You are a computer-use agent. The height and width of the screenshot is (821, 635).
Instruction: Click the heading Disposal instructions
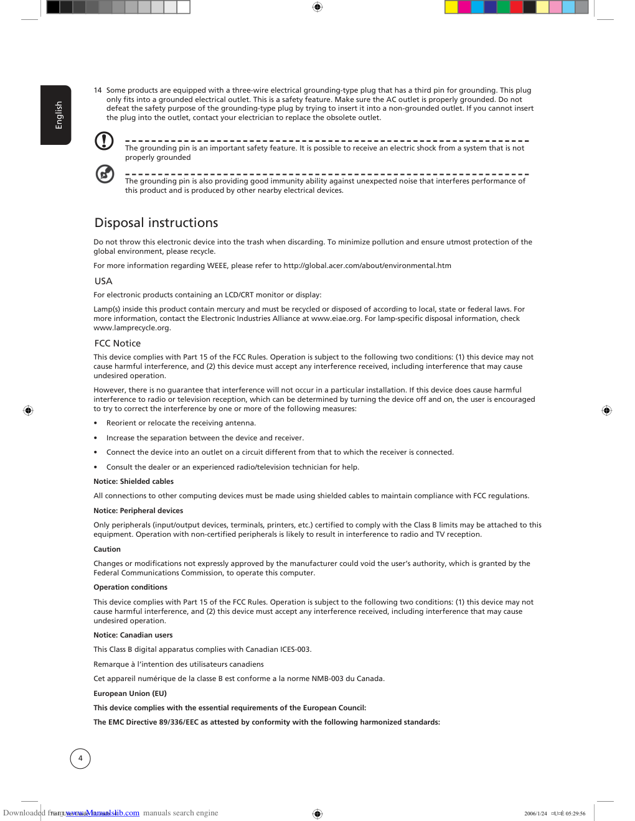point(156,223)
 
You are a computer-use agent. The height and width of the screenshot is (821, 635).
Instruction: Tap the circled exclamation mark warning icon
point(104,141)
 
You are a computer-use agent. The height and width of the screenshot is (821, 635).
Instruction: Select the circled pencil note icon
point(105,174)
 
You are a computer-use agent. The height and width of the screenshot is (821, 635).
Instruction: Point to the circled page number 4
point(80,759)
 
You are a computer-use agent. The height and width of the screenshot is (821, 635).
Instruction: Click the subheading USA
point(103,281)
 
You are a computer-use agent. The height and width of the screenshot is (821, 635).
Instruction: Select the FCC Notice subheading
point(118,343)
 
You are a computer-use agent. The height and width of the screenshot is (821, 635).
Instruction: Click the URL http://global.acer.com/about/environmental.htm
point(367,266)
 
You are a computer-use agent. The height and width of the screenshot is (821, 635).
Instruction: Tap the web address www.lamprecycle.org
point(131,328)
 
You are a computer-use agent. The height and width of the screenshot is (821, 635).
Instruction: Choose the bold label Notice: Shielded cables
point(133,481)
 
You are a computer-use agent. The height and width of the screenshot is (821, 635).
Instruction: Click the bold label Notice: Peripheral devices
point(138,511)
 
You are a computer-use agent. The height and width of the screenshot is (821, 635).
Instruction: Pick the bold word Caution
point(107,549)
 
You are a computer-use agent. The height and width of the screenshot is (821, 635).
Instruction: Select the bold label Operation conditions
point(130,587)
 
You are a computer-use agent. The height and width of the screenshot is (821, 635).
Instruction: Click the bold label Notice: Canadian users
point(133,635)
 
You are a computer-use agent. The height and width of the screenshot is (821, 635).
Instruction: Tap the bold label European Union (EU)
point(130,693)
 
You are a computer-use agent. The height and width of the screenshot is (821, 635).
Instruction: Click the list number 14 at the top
point(98,90)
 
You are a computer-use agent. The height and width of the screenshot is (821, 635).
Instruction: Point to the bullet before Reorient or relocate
point(95,424)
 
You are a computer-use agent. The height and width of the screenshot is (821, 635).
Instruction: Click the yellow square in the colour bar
point(451,7)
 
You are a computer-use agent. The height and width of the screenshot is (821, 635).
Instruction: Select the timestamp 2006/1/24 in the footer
point(535,814)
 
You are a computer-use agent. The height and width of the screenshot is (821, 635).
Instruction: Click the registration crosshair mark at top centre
point(317,7)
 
